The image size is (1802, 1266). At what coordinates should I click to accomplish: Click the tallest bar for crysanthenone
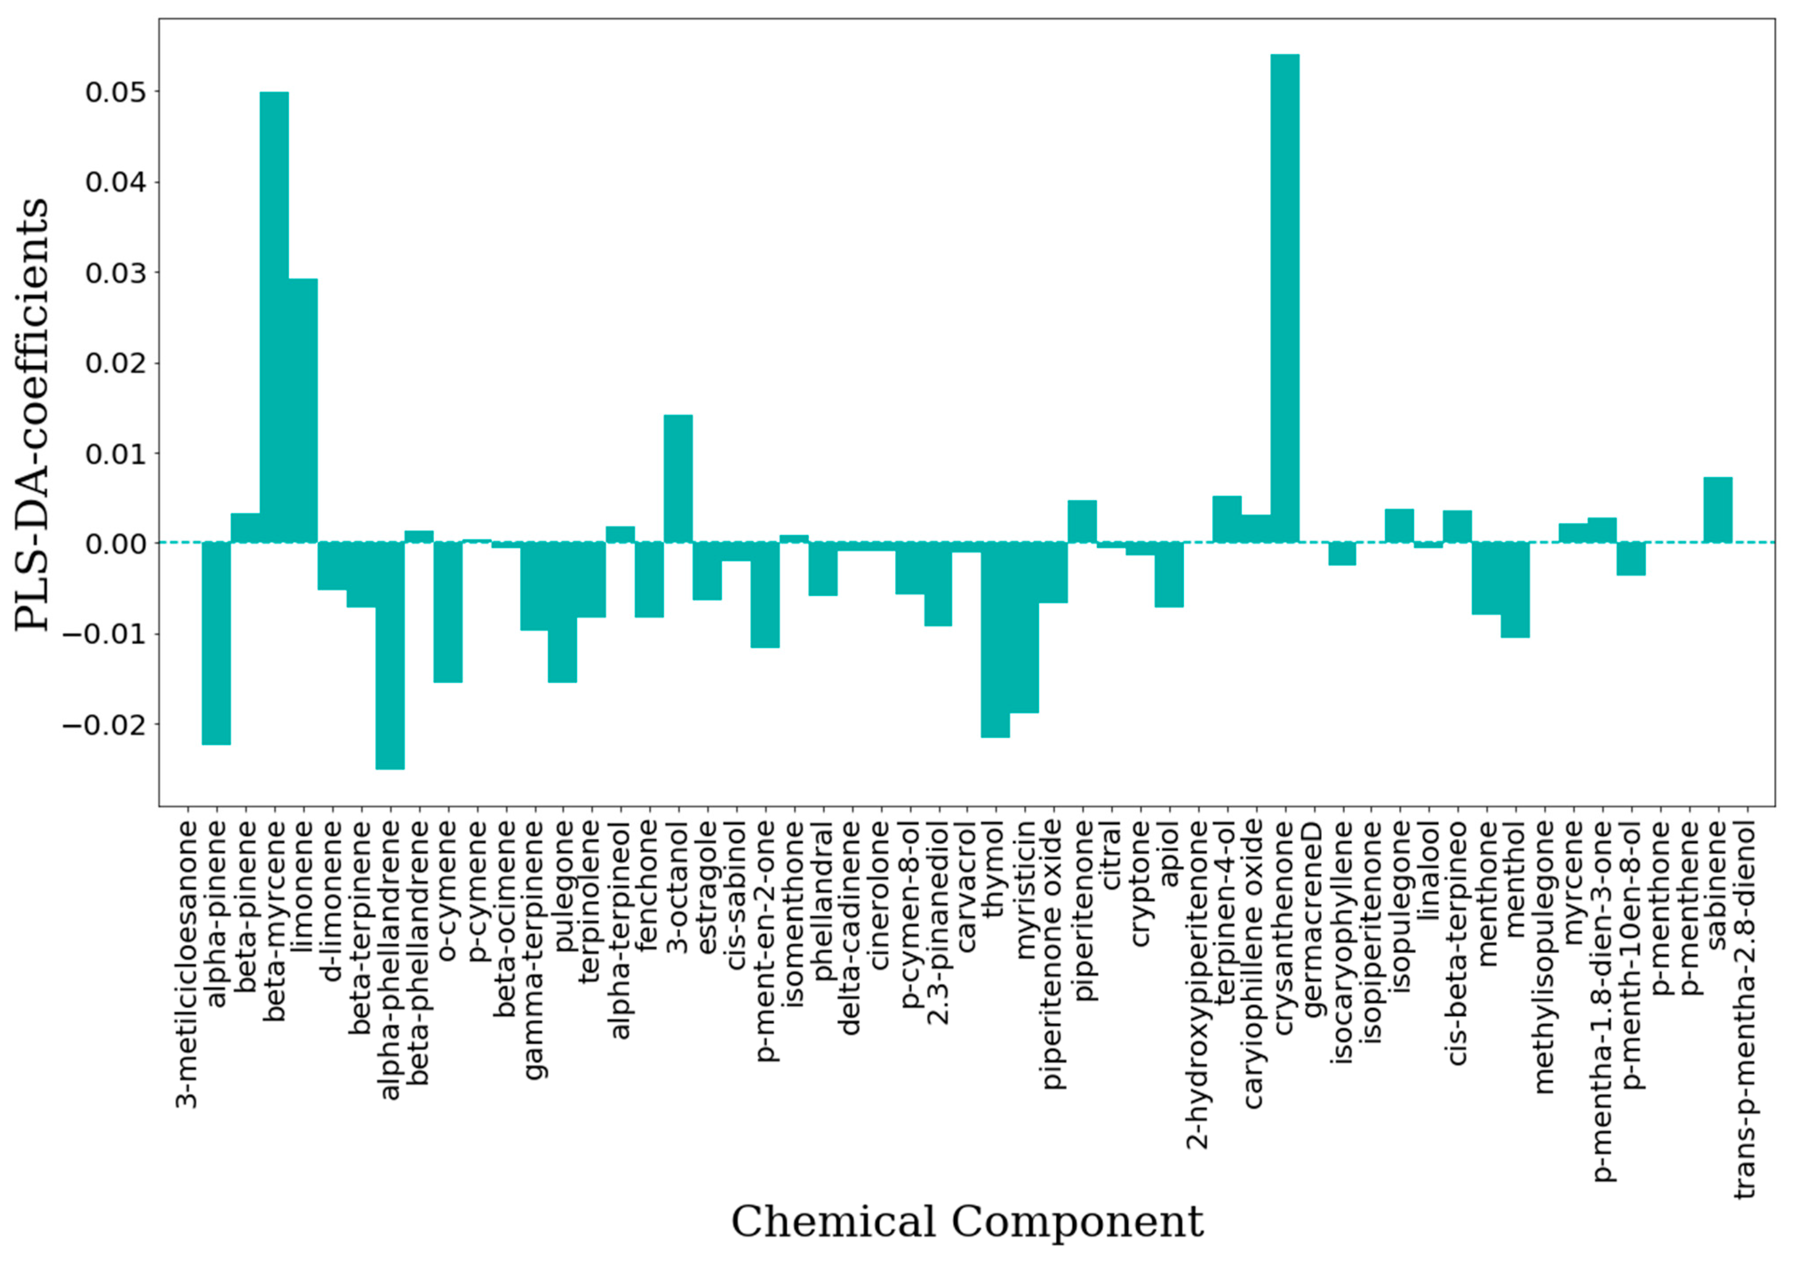point(1285,298)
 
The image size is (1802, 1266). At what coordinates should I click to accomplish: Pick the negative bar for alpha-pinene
point(216,643)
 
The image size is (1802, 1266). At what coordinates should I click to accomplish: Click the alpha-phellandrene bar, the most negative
point(390,655)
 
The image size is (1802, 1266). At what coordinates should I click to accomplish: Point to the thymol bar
point(995,640)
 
